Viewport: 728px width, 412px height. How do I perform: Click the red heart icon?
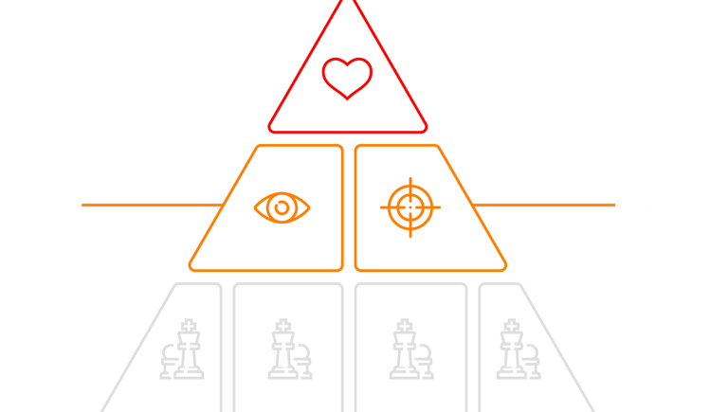coord(347,78)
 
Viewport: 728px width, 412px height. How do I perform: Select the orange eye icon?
coord(282,207)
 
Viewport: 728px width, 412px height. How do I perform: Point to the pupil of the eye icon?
coord(282,207)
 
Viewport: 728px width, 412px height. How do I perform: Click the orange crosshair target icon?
coord(410,206)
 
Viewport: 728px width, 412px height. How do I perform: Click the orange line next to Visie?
coord(152,204)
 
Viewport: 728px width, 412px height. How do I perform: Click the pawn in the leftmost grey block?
coord(170,360)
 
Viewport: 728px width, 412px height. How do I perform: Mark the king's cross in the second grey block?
coord(281,325)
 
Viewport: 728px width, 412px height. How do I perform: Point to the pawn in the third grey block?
coord(424,360)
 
